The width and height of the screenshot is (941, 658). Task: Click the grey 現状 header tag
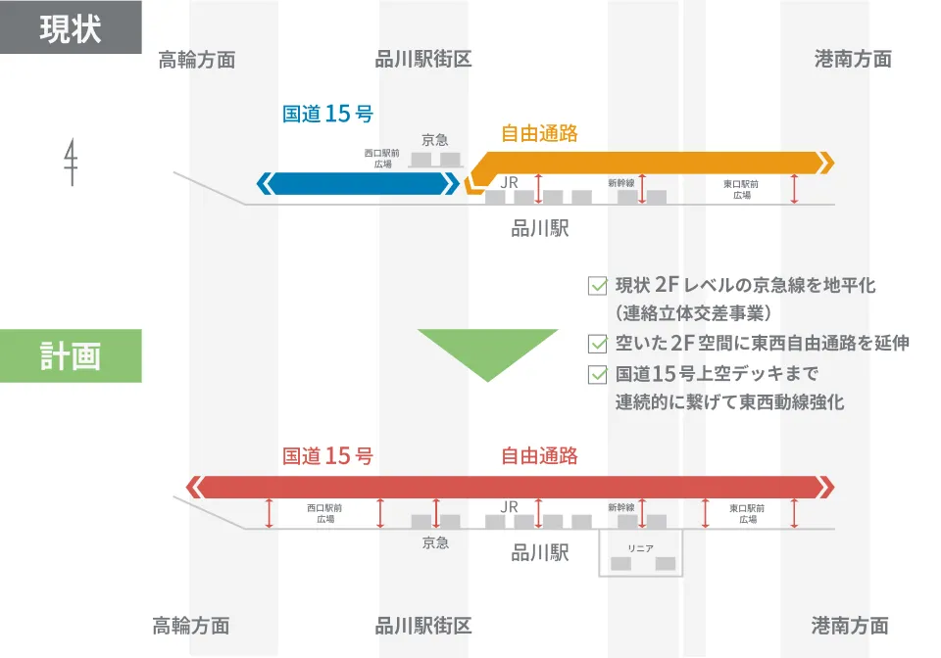tap(71, 27)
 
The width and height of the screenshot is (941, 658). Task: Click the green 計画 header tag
tap(71, 355)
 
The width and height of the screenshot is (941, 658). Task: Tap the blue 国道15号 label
tap(327, 114)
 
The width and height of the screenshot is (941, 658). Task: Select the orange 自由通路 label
tap(539, 134)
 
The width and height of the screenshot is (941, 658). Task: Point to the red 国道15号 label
tap(327, 456)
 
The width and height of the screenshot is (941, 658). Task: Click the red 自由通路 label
tap(539, 456)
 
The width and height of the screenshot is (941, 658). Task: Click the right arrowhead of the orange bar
tap(826, 162)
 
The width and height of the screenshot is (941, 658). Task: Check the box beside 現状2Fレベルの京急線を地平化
tap(596, 286)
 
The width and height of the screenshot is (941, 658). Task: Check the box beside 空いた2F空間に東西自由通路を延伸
tap(596, 344)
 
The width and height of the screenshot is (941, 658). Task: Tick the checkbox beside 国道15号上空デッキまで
tap(596, 373)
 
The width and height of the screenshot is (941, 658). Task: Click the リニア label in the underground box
tap(640, 548)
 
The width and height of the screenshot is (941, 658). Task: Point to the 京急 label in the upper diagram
tap(435, 140)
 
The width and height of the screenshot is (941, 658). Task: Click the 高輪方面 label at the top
tap(197, 60)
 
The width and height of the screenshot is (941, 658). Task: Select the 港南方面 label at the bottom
tap(850, 625)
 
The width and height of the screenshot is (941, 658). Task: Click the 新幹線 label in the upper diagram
tap(621, 182)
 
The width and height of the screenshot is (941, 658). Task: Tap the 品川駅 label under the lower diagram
tap(540, 553)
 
